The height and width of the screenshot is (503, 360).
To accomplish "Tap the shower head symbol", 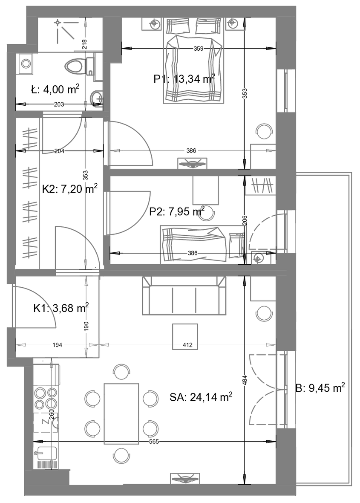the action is pos(58,23).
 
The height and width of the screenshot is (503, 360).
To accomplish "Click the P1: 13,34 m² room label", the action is pos(184,78).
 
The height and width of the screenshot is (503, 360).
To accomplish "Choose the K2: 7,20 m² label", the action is pos(70,189).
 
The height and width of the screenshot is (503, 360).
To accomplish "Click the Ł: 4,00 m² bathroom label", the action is pos(55,90).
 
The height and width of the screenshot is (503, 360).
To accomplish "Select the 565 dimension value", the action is pos(154,442).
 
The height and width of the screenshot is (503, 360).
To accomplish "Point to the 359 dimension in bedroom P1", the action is pos(199,49).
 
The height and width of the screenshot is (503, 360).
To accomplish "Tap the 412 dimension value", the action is pos(187,345).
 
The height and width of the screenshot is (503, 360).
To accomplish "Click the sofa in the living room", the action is pos(184,295).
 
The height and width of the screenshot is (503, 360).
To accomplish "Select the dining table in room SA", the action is pos(121,413).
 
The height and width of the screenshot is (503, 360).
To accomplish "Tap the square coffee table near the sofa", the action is pos(185,336).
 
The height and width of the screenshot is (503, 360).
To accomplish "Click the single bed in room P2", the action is pos(203,244).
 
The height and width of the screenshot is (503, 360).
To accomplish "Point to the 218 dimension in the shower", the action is pos(85,43).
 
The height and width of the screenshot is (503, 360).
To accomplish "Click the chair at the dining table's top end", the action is pos(121,372).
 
